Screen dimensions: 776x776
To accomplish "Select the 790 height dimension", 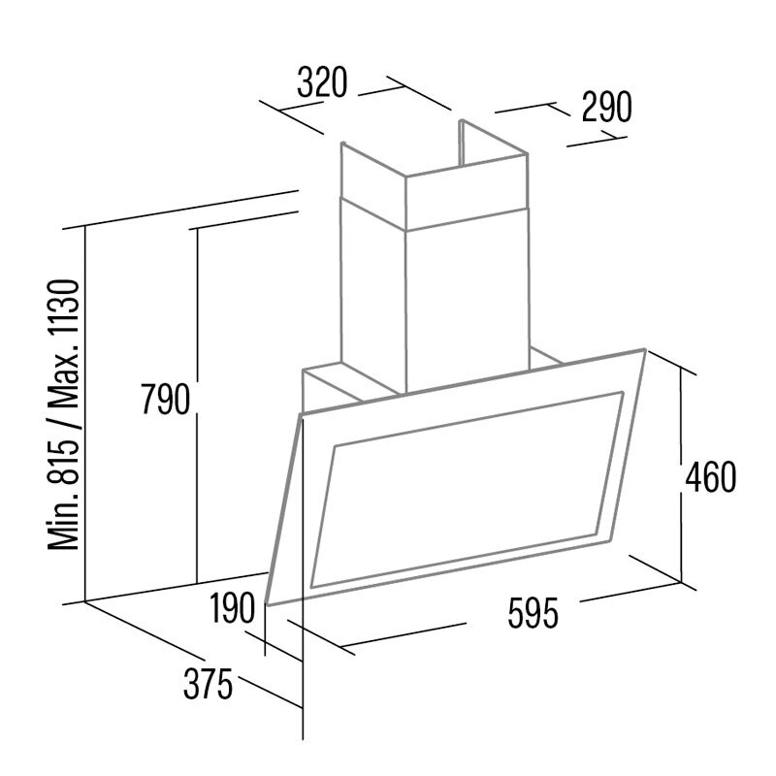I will (x=164, y=399).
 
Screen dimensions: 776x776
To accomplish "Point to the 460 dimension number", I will (x=710, y=477).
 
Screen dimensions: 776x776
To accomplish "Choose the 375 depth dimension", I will (x=209, y=686).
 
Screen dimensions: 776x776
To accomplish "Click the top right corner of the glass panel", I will (x=644, y=349).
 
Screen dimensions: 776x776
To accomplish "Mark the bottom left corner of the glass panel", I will (x=264, y=604).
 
